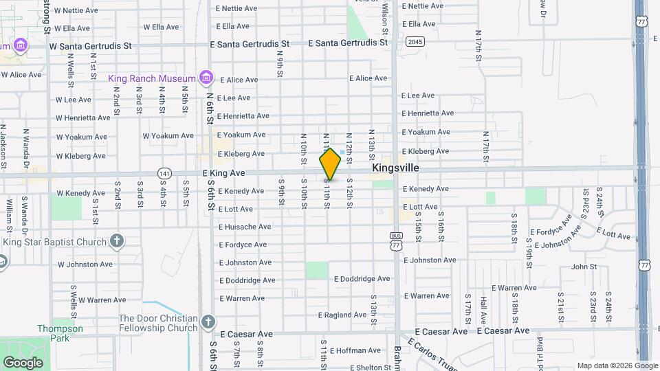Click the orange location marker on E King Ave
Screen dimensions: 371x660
click(x=330, y=164)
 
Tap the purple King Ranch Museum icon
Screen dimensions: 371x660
click(x=206, y=78)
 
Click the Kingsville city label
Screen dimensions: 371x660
click(x=395, y=168)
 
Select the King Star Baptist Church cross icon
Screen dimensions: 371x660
click(x=117, y=241)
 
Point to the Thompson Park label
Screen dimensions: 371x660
click(x=60, y=333)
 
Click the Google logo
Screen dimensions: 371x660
click(x=23, y=362)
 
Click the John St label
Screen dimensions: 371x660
click(x=584, y=267)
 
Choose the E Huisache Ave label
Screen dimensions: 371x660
click(x=245, y=227)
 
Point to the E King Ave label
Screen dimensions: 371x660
click(x=223, y=173)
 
